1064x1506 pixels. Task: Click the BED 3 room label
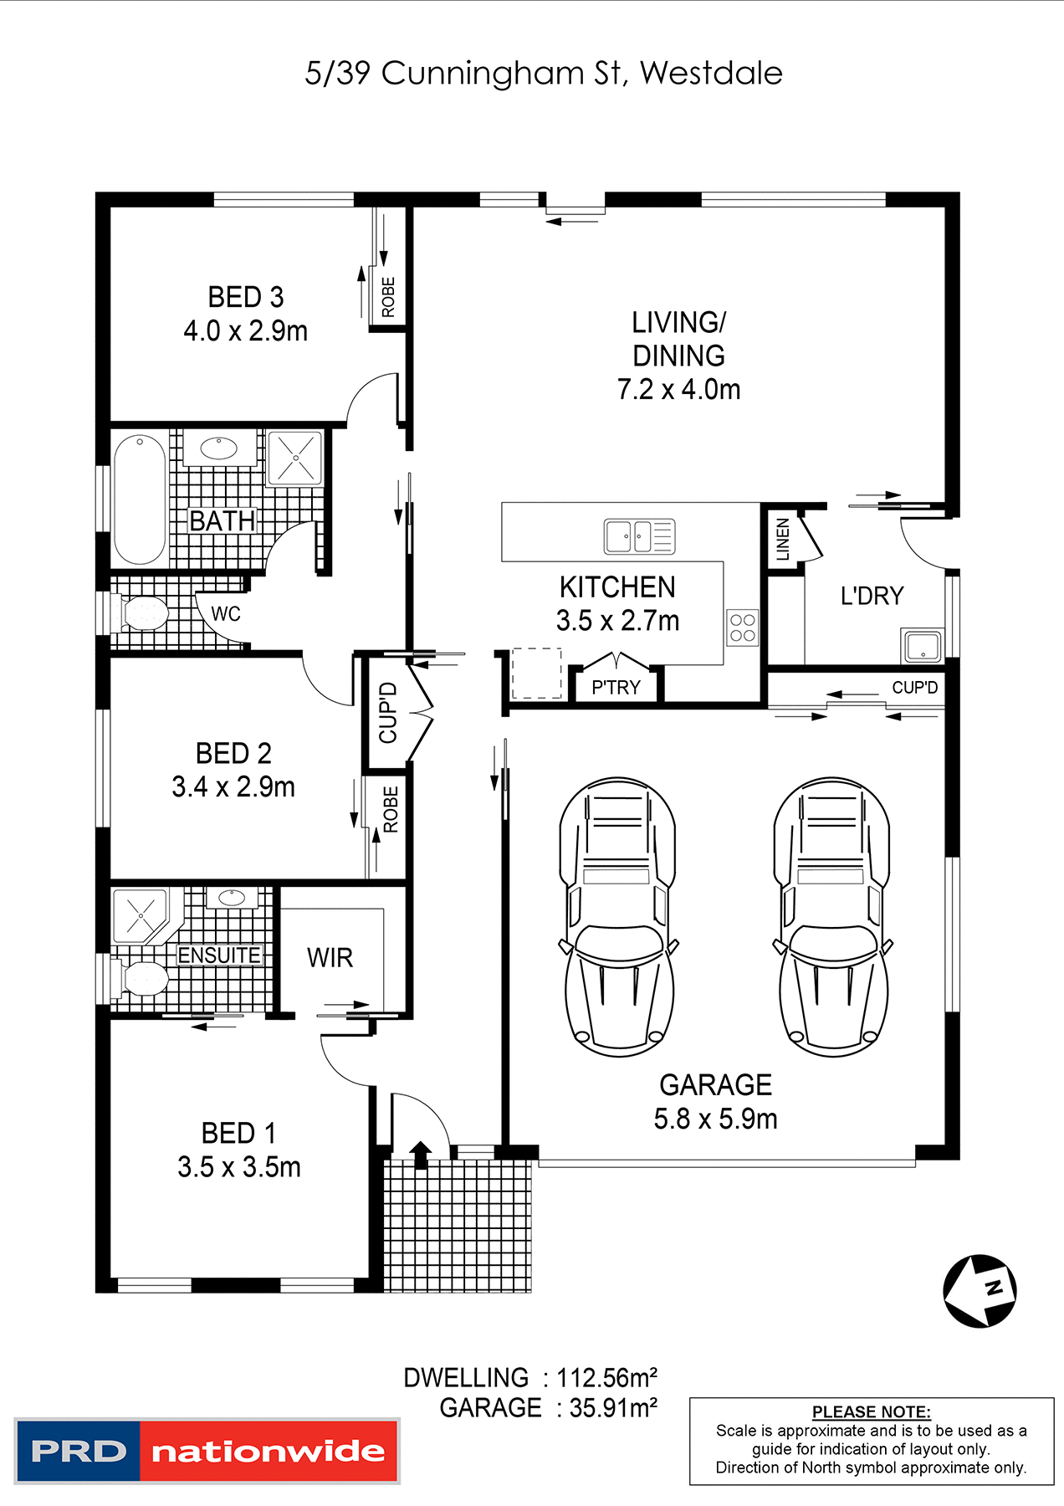[x=245, y=297]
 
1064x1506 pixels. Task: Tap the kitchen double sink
[x=639, y=536]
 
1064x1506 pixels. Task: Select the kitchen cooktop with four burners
[x=742, y=627]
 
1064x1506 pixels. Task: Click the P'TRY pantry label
[x=616, y=688]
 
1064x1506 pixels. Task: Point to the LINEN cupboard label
[x=783, y=539]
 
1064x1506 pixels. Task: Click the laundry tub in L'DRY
[x=923, y=646]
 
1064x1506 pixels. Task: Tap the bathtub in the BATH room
[x=140, y=499]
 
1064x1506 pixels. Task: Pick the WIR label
[x=330, y=957]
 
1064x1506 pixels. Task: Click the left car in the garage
[x=617, y=916]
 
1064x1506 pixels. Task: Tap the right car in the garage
[x=832, y=916]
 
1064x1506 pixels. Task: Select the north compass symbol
[x=980, y=1290]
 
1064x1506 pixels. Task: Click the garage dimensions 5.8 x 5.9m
[x=715, y=1119]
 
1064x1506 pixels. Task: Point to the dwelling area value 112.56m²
[x=607, y=1378]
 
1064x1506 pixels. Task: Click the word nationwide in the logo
[x=268, y=1452]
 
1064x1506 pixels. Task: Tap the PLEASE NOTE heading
[x=871, y=1411]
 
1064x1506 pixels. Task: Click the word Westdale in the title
[x=711, y=74]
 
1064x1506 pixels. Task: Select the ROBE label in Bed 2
[x=391, y=809]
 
